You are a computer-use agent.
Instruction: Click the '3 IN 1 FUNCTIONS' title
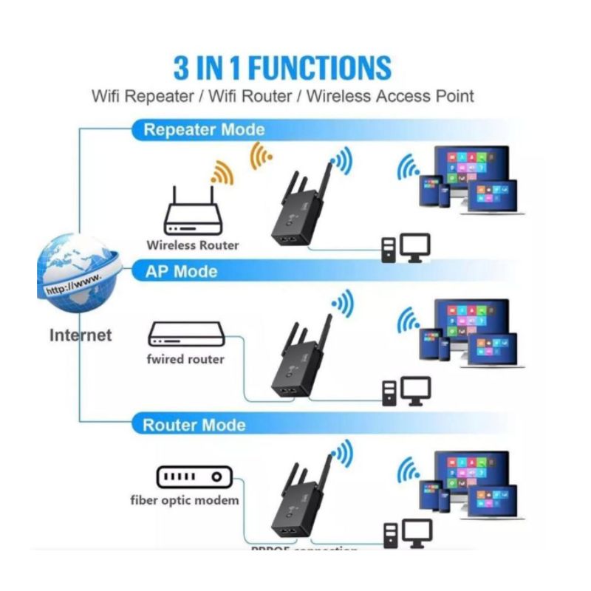coord(282,67)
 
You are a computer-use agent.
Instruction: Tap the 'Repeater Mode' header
coord(204,130)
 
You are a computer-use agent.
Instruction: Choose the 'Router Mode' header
coord(194,425)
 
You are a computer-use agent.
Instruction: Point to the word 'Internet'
coord(81,335)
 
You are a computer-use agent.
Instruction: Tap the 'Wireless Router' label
coord(193,245)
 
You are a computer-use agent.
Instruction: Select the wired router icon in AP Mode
coord(185,335)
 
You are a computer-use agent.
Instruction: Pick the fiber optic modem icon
coord(190,476)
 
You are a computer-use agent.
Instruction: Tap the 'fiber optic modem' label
coord(185,500)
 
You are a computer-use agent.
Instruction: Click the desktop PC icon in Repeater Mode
coord(406,248)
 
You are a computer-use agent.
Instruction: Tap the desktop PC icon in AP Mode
coord(406,391)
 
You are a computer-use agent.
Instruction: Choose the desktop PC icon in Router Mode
coord(406,534)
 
